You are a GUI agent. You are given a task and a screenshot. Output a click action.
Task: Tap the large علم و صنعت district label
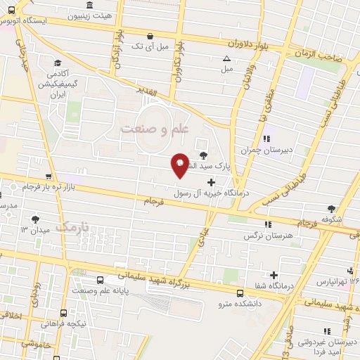pos(156,129)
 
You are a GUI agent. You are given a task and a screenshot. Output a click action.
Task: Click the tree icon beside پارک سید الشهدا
pos(203,155)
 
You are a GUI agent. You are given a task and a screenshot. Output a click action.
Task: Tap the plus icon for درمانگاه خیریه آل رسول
pos(211,182)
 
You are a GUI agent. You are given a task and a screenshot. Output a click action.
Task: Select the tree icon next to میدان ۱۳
pos(36,219)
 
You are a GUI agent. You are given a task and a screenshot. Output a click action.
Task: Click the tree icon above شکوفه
pos(330,208)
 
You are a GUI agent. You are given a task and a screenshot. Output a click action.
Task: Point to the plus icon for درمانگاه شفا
pos(274,274)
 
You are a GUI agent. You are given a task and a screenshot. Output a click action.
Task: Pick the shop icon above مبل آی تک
pos(148,37)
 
